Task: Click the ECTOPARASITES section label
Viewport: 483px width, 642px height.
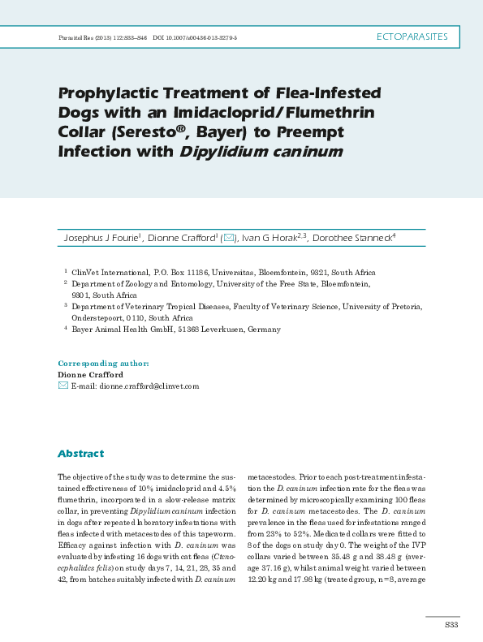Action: coord(414,37)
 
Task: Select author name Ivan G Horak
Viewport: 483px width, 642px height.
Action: coord(270,238)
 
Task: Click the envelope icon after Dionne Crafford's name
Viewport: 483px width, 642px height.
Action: coord(229,238)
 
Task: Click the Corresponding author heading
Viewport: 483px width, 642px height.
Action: coord(103,364)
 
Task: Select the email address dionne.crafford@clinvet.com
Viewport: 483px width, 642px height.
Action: coord(149,386)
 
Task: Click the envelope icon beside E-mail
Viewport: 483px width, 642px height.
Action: coord(63,386)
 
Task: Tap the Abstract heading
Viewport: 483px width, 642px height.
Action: coord(80,454)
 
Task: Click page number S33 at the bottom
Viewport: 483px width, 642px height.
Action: coord(451,624)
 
